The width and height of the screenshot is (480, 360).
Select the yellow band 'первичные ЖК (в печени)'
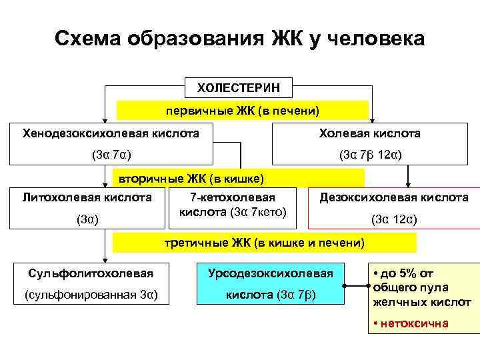tap(243, 110)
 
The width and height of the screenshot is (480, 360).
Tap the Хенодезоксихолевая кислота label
tap(111, 133)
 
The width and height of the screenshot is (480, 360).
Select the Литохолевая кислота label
tap(87, 197)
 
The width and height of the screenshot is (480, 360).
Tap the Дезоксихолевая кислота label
tap(394, 197)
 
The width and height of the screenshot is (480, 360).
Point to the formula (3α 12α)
tap(394, 219)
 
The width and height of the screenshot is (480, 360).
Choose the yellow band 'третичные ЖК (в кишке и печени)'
tap(264, 243)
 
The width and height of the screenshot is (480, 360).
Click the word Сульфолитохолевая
tap(91, 273)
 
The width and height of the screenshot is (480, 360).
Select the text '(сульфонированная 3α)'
tap(91, 295)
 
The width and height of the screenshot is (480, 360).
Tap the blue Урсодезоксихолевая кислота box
tap(270, 284)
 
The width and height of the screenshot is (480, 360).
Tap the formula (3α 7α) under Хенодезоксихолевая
tap(111, 155)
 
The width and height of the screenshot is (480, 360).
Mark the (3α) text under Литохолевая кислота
tap(87, 219)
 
